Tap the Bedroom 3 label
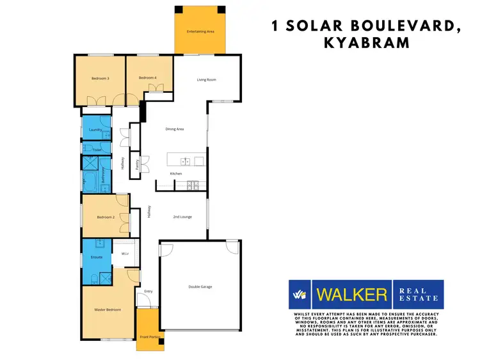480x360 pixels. coord(100,78)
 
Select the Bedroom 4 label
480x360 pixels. coord(147,78)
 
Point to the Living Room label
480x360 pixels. coord(206,80)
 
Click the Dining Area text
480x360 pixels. coord(175,129)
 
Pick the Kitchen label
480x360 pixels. coord(176,174)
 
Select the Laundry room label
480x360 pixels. coord(96,130)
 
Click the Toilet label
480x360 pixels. coord(97,150)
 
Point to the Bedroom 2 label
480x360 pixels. coord(106,218)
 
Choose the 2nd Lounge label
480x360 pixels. coord(182,217)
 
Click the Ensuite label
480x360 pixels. coord(96,258)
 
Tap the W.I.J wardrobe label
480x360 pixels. coord(125,254)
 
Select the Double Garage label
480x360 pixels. coord(200,286)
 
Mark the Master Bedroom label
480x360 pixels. coord(108,310)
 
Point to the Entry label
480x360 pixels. coord(148,291)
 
